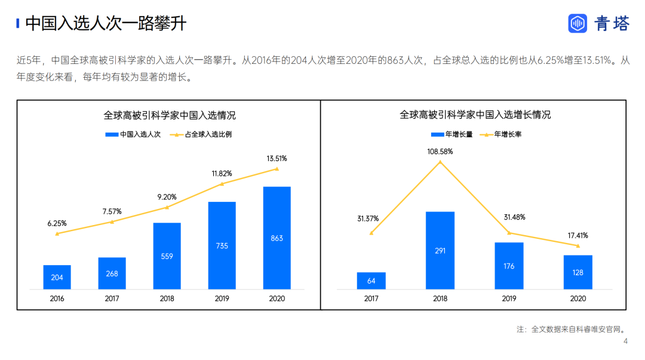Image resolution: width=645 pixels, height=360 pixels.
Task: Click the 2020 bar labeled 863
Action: pyautogui.click(x=277, y=238)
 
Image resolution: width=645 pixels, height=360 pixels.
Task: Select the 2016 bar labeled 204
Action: pyautogui.click(x=57, y=277)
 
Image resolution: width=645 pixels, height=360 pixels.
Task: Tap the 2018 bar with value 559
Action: pyautogui.click(x=167, y=256)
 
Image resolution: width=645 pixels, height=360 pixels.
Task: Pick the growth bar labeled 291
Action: pyautogui.click(x=440, y=251)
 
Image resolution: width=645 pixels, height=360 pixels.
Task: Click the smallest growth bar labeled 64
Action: pyautogui.click(x=371, y=281)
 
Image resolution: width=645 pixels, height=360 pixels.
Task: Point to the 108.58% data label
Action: pyautogui.click(x=440, y=151)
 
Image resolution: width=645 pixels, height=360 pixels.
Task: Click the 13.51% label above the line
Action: pyautogui.click(x=277, y=158)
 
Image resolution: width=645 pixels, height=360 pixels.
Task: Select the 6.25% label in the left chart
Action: pyautogui.click(x=57, y=223)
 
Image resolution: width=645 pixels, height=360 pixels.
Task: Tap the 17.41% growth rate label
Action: pyautogui.click(x=578, y=236)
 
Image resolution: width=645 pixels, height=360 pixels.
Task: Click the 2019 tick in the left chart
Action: pyautogui.click(x=222, y=299)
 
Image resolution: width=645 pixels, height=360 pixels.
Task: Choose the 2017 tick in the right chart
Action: pyautogui.click(x=371, y=299)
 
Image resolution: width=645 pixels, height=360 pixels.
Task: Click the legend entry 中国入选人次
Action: pyautogui.click(x=133, y=134)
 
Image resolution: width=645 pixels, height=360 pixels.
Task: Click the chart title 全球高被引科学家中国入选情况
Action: pyautogui.click(x=170, y=115)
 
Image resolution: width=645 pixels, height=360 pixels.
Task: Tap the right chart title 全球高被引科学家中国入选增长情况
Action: pyautogui.click(x=475, y=115)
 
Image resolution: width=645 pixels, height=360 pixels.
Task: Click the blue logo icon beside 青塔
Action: pyautogui.click(x=578, y=23)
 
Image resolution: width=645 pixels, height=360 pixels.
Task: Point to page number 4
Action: pyautogui.click(x=625, y=341)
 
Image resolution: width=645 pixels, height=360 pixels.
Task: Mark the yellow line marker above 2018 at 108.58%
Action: pyautogui.click(x=440, y=161)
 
